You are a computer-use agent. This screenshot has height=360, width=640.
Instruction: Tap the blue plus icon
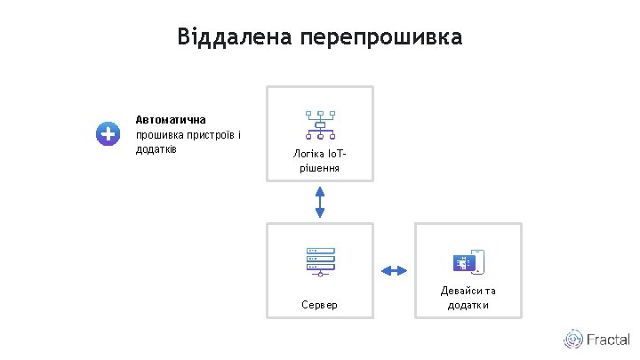click(x=108, y=133)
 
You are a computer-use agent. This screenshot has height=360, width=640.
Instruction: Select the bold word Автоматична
click(x=171, y=119)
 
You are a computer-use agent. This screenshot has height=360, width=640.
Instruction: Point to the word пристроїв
click(x=211, y=134)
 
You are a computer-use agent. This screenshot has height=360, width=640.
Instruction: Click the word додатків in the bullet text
click(x=156, y=148)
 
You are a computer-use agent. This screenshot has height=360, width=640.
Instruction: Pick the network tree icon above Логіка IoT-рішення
click(x=320, y=124)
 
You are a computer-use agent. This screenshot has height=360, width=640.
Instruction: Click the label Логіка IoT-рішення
click(x=320, y=160)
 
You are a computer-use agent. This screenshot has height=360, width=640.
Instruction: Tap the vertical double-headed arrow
click(x=320, y=201)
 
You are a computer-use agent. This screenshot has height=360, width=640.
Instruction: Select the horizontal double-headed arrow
click(x=394, y=269)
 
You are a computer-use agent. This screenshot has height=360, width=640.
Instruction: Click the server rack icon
click(x=319, y=260)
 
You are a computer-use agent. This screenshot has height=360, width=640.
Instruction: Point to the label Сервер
click(x=319, y=305)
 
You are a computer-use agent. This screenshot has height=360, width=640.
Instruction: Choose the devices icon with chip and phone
click(x=468, y=262)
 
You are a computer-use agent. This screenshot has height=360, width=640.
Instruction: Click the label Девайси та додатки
click(x=468, y=298)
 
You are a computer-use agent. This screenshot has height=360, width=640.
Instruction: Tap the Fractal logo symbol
click(x=572, y=340)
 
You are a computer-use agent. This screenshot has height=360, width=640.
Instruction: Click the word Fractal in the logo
click(x=608, y=340)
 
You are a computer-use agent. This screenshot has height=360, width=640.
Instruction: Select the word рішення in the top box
click(x=320, y=167)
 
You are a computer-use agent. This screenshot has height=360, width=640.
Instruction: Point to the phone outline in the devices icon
click(x=478, y=260)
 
